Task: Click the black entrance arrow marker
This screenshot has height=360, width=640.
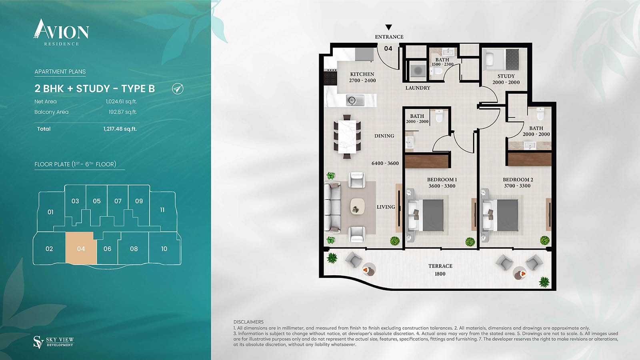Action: [x=388, y=28]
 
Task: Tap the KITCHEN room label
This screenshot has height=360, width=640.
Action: [x=362, y=74]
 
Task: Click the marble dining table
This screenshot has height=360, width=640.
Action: [x=347, y=137]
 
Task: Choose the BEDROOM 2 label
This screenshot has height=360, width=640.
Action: [x=518, y=180]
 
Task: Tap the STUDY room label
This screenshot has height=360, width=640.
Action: [x=506, y=76]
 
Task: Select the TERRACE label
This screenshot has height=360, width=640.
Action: [x=440, y=266]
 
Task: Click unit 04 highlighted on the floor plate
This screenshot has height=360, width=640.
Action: [x=81, y=248]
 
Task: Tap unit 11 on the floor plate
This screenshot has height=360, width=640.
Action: [x=162, y=210]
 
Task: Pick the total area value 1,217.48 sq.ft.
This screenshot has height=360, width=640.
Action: [x=120, y=129]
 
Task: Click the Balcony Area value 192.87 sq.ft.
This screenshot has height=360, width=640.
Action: [x=122, y=112]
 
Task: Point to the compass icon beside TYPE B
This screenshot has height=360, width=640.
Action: [x=178, y=88]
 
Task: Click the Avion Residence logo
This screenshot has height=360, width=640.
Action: [x=61, y=32]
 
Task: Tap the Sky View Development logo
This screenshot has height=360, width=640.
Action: [x=54, y=342]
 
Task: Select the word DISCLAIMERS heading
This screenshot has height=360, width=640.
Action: [x=248, y=322]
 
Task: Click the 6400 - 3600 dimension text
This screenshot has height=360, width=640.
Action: [x=385, y=163]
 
